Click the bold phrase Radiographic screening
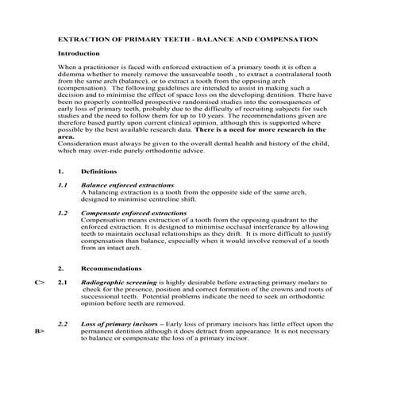(x=118, y=282)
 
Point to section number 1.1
(x=63, y=184)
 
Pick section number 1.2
(x=63, y=213)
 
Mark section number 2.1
(x=63, y=282)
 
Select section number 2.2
(x=63, y=324)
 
